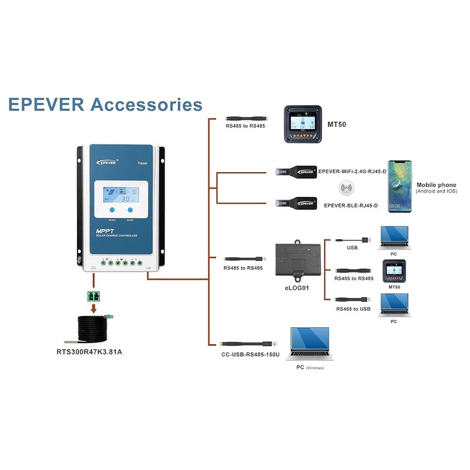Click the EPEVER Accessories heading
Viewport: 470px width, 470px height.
(106, 105)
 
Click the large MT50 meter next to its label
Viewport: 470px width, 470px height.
(303, 124)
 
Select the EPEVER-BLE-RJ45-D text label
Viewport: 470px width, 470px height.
(351, 206)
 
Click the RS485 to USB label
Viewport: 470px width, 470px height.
(353, 308)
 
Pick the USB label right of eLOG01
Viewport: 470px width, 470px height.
(352, 248)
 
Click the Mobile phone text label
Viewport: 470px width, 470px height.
(436, 185)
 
